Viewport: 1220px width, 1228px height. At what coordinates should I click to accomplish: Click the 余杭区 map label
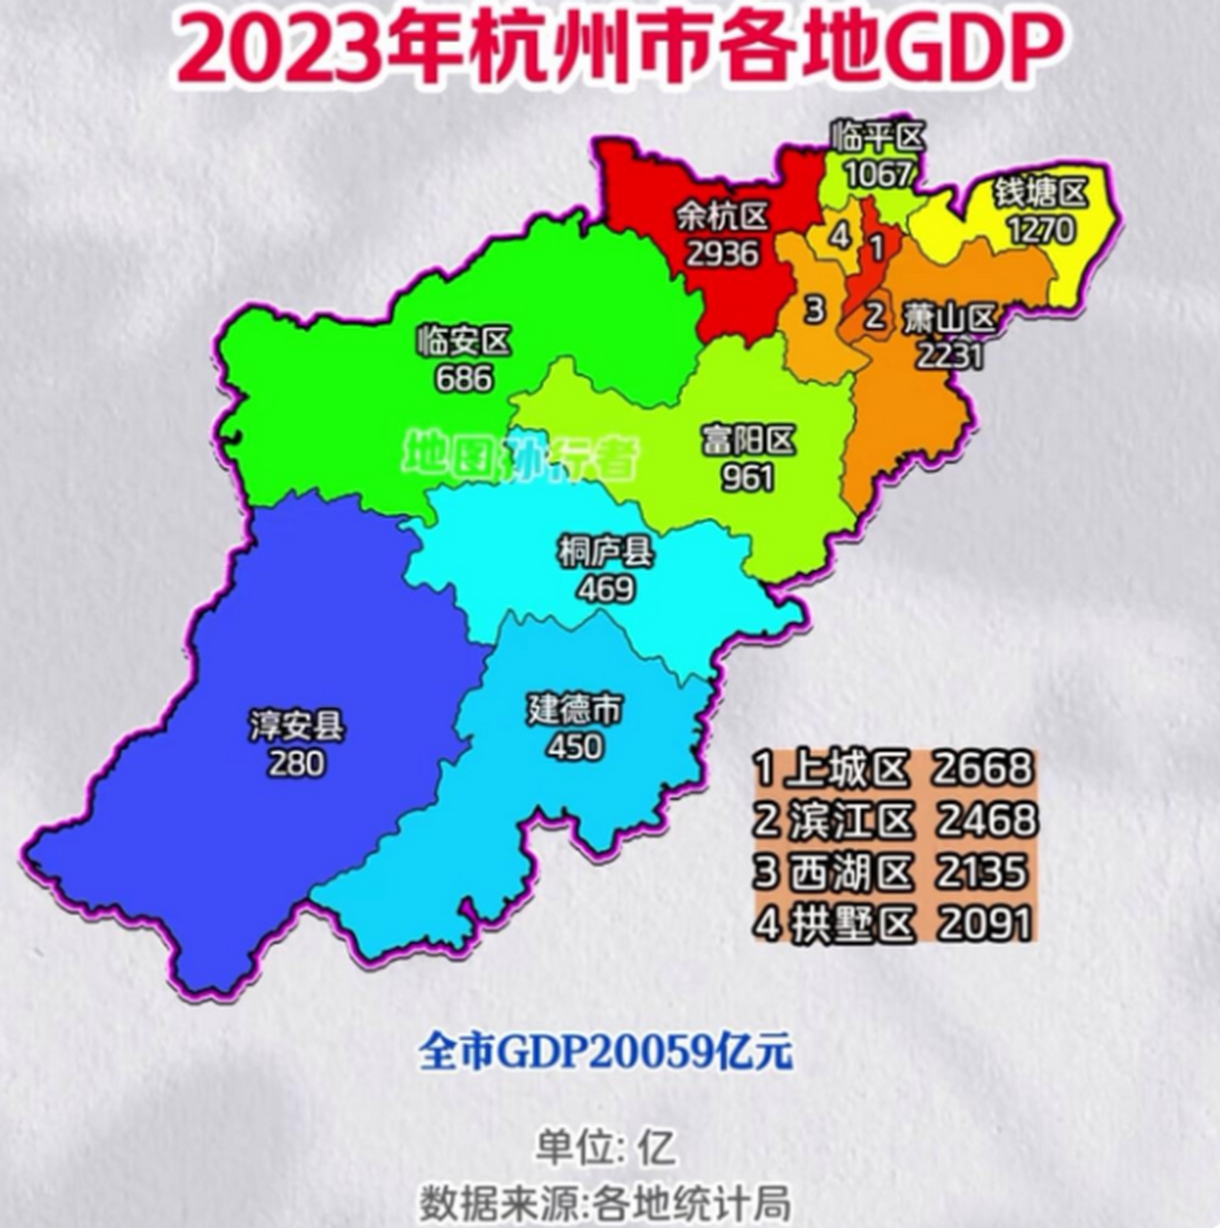click(723, 218)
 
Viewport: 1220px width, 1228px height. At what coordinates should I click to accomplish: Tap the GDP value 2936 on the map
click(723, 253)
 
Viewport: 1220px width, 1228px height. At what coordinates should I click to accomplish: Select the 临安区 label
click(464, 342)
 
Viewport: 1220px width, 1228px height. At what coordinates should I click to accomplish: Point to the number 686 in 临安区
click(464, 378)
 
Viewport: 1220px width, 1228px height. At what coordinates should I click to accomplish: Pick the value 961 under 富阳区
click(748, 477)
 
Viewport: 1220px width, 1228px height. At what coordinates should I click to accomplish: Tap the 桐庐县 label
click(606, 553)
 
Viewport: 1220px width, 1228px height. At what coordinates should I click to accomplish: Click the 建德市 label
click(575, 710)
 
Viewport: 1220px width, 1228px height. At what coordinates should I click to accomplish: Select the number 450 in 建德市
click(575, 746)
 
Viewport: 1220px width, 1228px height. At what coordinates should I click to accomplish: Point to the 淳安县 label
click(297, 726)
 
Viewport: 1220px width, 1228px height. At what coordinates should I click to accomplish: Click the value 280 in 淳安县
click(297, 764)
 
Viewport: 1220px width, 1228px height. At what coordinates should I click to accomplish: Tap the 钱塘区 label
click(1041, 194)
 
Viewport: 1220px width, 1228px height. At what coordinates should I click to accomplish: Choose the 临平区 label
click(879, 138)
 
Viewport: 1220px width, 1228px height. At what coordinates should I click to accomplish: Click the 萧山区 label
click(950, 318)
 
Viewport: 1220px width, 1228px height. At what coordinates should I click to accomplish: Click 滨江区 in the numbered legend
click(851, 821)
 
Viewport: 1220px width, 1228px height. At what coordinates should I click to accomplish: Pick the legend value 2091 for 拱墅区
click(985, 924)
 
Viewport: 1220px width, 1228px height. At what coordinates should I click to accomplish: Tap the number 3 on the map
click(814, 311)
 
